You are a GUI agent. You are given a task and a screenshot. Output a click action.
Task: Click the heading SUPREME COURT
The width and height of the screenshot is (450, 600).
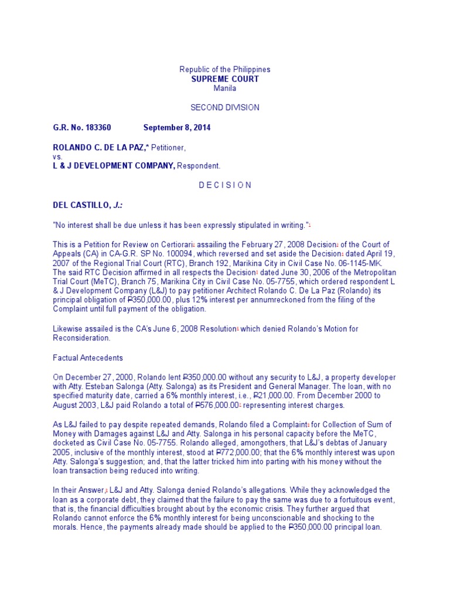click(x=225, y=79)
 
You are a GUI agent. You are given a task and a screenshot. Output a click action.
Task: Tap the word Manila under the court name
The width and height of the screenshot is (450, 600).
click(x=225, y=88)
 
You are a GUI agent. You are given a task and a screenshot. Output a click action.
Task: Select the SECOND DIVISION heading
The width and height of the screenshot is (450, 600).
click(x=225, y=108)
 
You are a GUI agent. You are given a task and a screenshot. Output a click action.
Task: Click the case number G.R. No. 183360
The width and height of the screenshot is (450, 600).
click(x=82, y=127)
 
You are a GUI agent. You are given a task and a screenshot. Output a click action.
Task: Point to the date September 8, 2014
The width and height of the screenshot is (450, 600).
click(x=177, y=127)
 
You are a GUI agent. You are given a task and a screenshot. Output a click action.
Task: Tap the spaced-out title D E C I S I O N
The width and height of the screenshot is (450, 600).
click(x=225, y=185)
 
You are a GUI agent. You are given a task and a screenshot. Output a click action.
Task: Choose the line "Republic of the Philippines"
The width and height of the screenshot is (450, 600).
click(x=225, y=69)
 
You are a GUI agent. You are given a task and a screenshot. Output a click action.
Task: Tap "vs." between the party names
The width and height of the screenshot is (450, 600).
click(x=57, y=156)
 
